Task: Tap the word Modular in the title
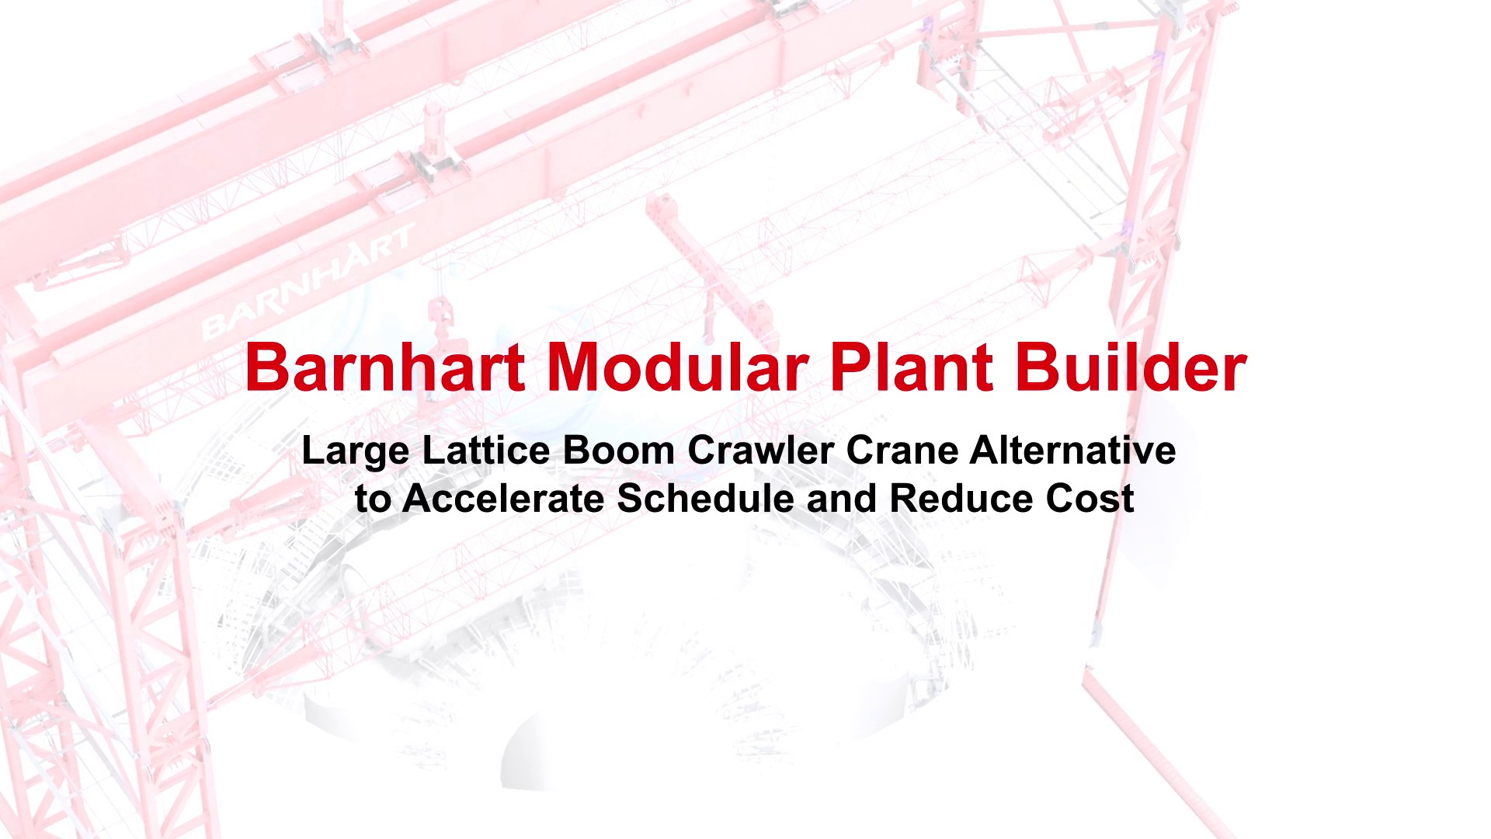coord(679,367)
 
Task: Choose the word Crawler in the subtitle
coord(759,450)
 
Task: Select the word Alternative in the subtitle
coord(1072,450)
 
